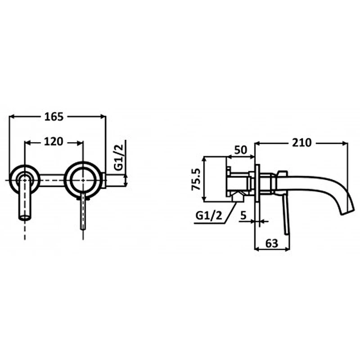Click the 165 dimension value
[54, 117]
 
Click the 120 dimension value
[54, 142]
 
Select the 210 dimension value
[301, 143]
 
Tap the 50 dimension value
[241, 150]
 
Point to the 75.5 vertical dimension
[196, 179]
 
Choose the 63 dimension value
[272, 243]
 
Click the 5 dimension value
[243, 216]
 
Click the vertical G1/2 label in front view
[119, 157]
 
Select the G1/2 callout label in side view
[209, 216]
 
